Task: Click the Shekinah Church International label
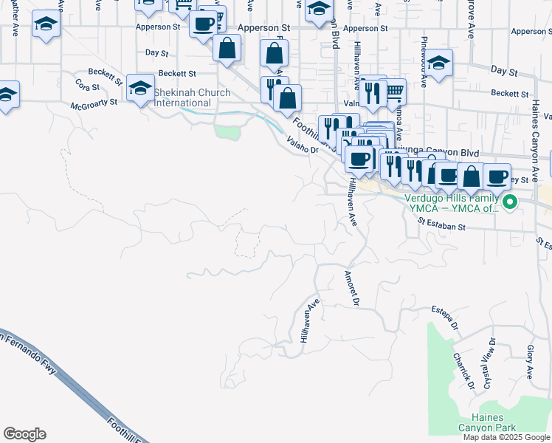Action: point(192,98)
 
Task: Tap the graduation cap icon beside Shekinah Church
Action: point(139,89)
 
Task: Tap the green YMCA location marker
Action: point(508,201)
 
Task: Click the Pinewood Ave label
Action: point(424,61)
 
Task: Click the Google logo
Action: point(24,434)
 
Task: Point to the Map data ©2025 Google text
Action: point(507,437)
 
